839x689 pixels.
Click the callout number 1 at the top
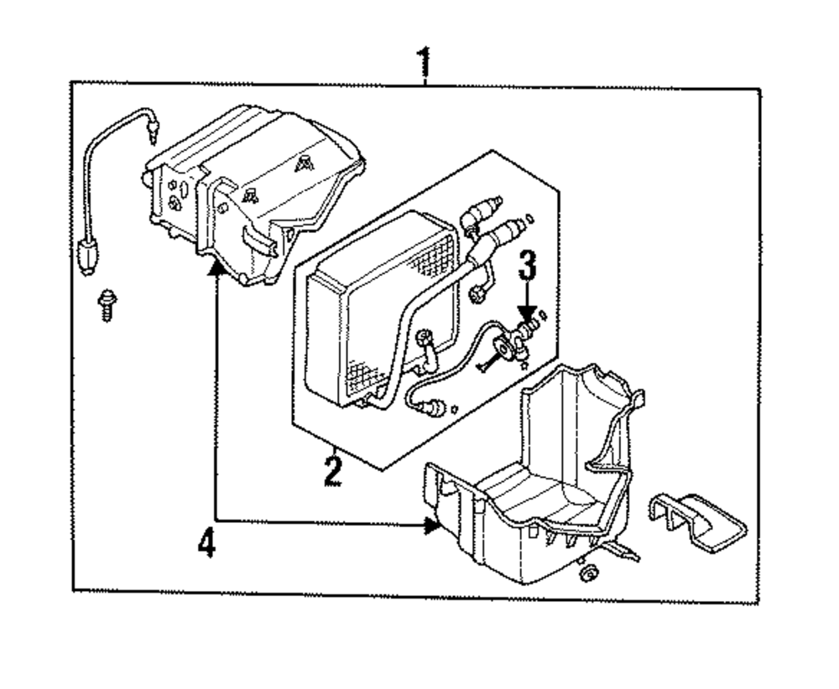pyautogui.click(x=425, y=61)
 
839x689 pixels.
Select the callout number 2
pyautogui.click(x=333, y=469)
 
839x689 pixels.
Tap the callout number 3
pyautogui.click(x=526, y=267)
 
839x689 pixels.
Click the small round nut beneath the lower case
pyautogui.click(x=587, y=573)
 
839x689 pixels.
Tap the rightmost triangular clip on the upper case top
pyautogui.click(x=301, y=164)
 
